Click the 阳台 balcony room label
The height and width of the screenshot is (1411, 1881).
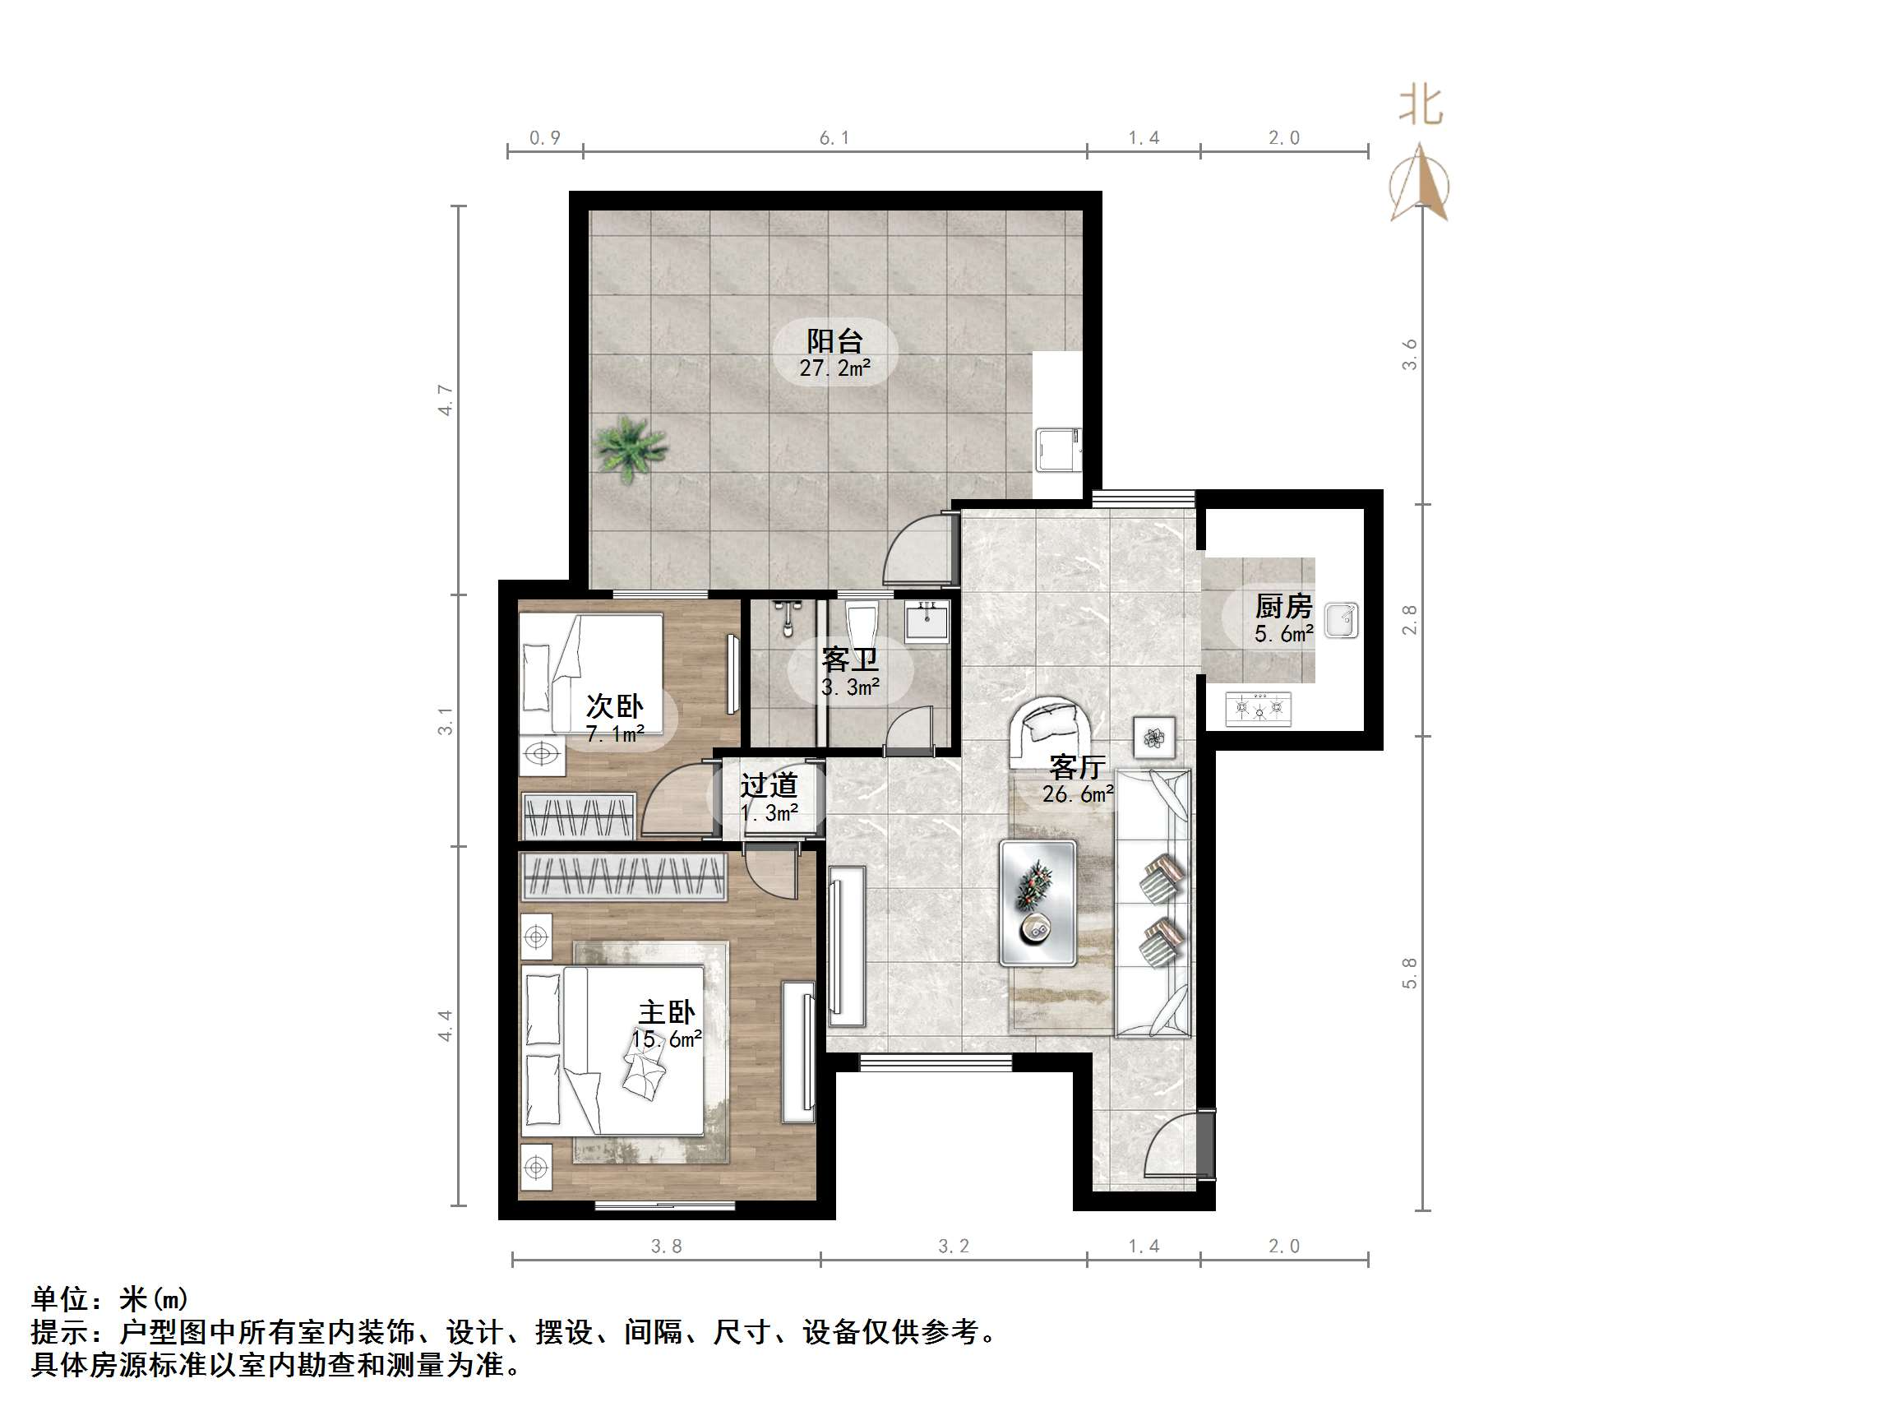pos(834,342)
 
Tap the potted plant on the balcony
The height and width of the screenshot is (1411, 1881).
pos(629,448)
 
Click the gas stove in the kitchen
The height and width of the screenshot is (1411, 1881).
pos(1258,708)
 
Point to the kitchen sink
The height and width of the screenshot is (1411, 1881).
pos(1341,619)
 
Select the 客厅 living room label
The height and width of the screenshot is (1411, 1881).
pos(1076,768)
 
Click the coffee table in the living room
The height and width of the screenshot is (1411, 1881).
pos(1038,902)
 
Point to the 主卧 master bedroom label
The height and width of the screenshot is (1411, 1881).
pos(667,1013)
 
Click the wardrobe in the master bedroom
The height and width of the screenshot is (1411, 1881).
pos(623,876)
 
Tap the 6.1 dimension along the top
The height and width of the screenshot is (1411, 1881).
pos(834,138)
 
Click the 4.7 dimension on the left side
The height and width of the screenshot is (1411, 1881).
pos(446,400)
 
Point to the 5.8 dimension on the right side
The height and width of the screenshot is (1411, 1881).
pos(1409,973)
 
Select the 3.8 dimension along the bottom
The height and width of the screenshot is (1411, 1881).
pos(666,1246)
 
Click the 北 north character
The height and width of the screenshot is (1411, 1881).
pos(1421,106)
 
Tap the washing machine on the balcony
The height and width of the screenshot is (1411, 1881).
pos(1057,451)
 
